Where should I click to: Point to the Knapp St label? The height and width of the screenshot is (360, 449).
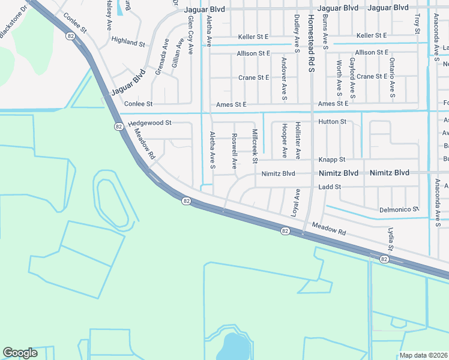tap(332, 160)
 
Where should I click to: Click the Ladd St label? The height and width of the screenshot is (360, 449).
tap(330, 187)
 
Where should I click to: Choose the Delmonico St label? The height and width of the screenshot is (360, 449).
tap(399, 209)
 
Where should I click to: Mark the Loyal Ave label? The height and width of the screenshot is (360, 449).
tap(295, 203)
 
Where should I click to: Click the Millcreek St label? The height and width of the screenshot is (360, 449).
tap(255, 146)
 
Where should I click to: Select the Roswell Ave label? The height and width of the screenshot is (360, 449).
tap(235, 151)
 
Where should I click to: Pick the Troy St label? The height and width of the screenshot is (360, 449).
tap(417, 22)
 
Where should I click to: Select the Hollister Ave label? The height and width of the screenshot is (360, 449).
tap(298, 140)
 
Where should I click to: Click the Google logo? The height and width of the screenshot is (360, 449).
tap(20, 353)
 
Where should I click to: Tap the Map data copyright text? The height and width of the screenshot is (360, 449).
tap(423, 355)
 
